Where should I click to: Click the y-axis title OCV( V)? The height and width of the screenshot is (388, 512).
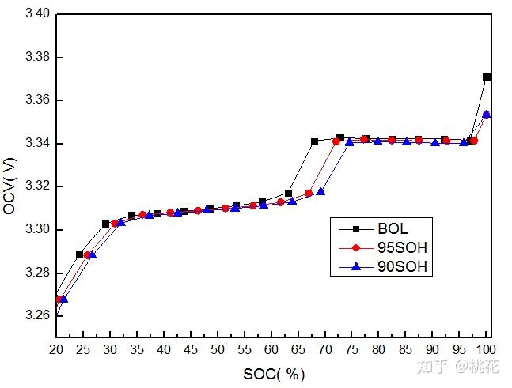10,183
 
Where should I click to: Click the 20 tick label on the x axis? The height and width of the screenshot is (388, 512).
57,348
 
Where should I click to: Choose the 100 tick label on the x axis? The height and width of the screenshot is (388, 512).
486,348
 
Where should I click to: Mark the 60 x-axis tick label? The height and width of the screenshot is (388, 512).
271,348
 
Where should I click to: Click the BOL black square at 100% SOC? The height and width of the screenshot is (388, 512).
487,77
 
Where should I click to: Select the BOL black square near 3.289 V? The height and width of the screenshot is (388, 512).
79,254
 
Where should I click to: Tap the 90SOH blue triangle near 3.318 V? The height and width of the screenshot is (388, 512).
320,191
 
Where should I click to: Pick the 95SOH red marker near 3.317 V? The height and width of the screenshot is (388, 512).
309,193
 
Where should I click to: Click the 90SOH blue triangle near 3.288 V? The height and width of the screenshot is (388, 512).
93,254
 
